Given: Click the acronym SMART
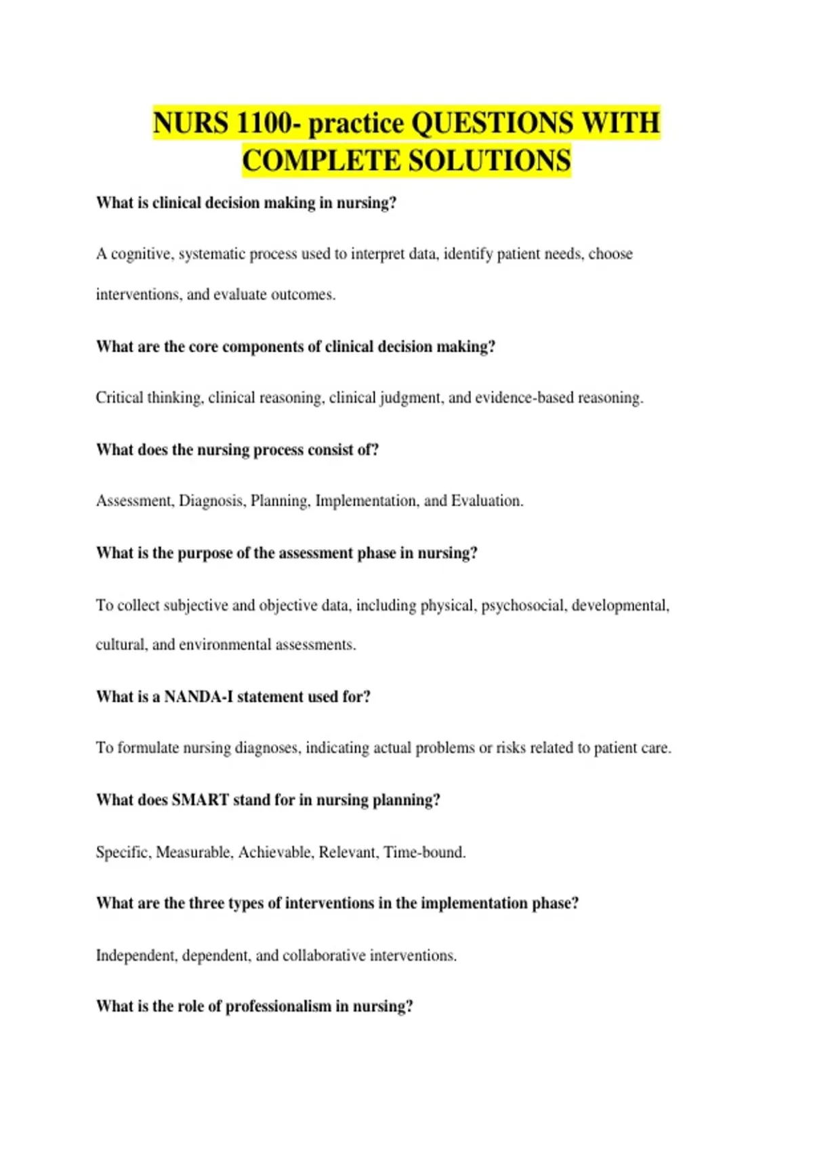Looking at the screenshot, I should pyautogui.click(x=200, y=800).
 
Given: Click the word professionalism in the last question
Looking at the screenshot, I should pyautogui.click(x=278, y=1007).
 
